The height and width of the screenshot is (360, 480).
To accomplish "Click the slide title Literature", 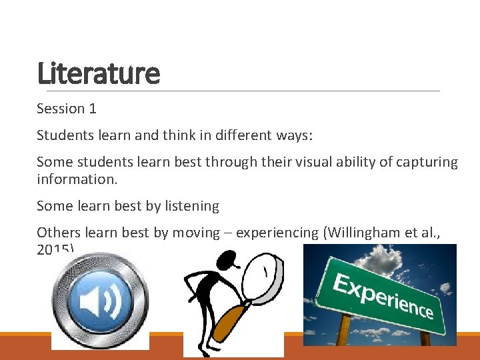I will [99, 73].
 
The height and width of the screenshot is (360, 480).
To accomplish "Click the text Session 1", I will [67, 109].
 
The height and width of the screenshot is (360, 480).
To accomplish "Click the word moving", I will [196, 233].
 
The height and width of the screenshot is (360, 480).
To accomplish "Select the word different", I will [225, 135].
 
